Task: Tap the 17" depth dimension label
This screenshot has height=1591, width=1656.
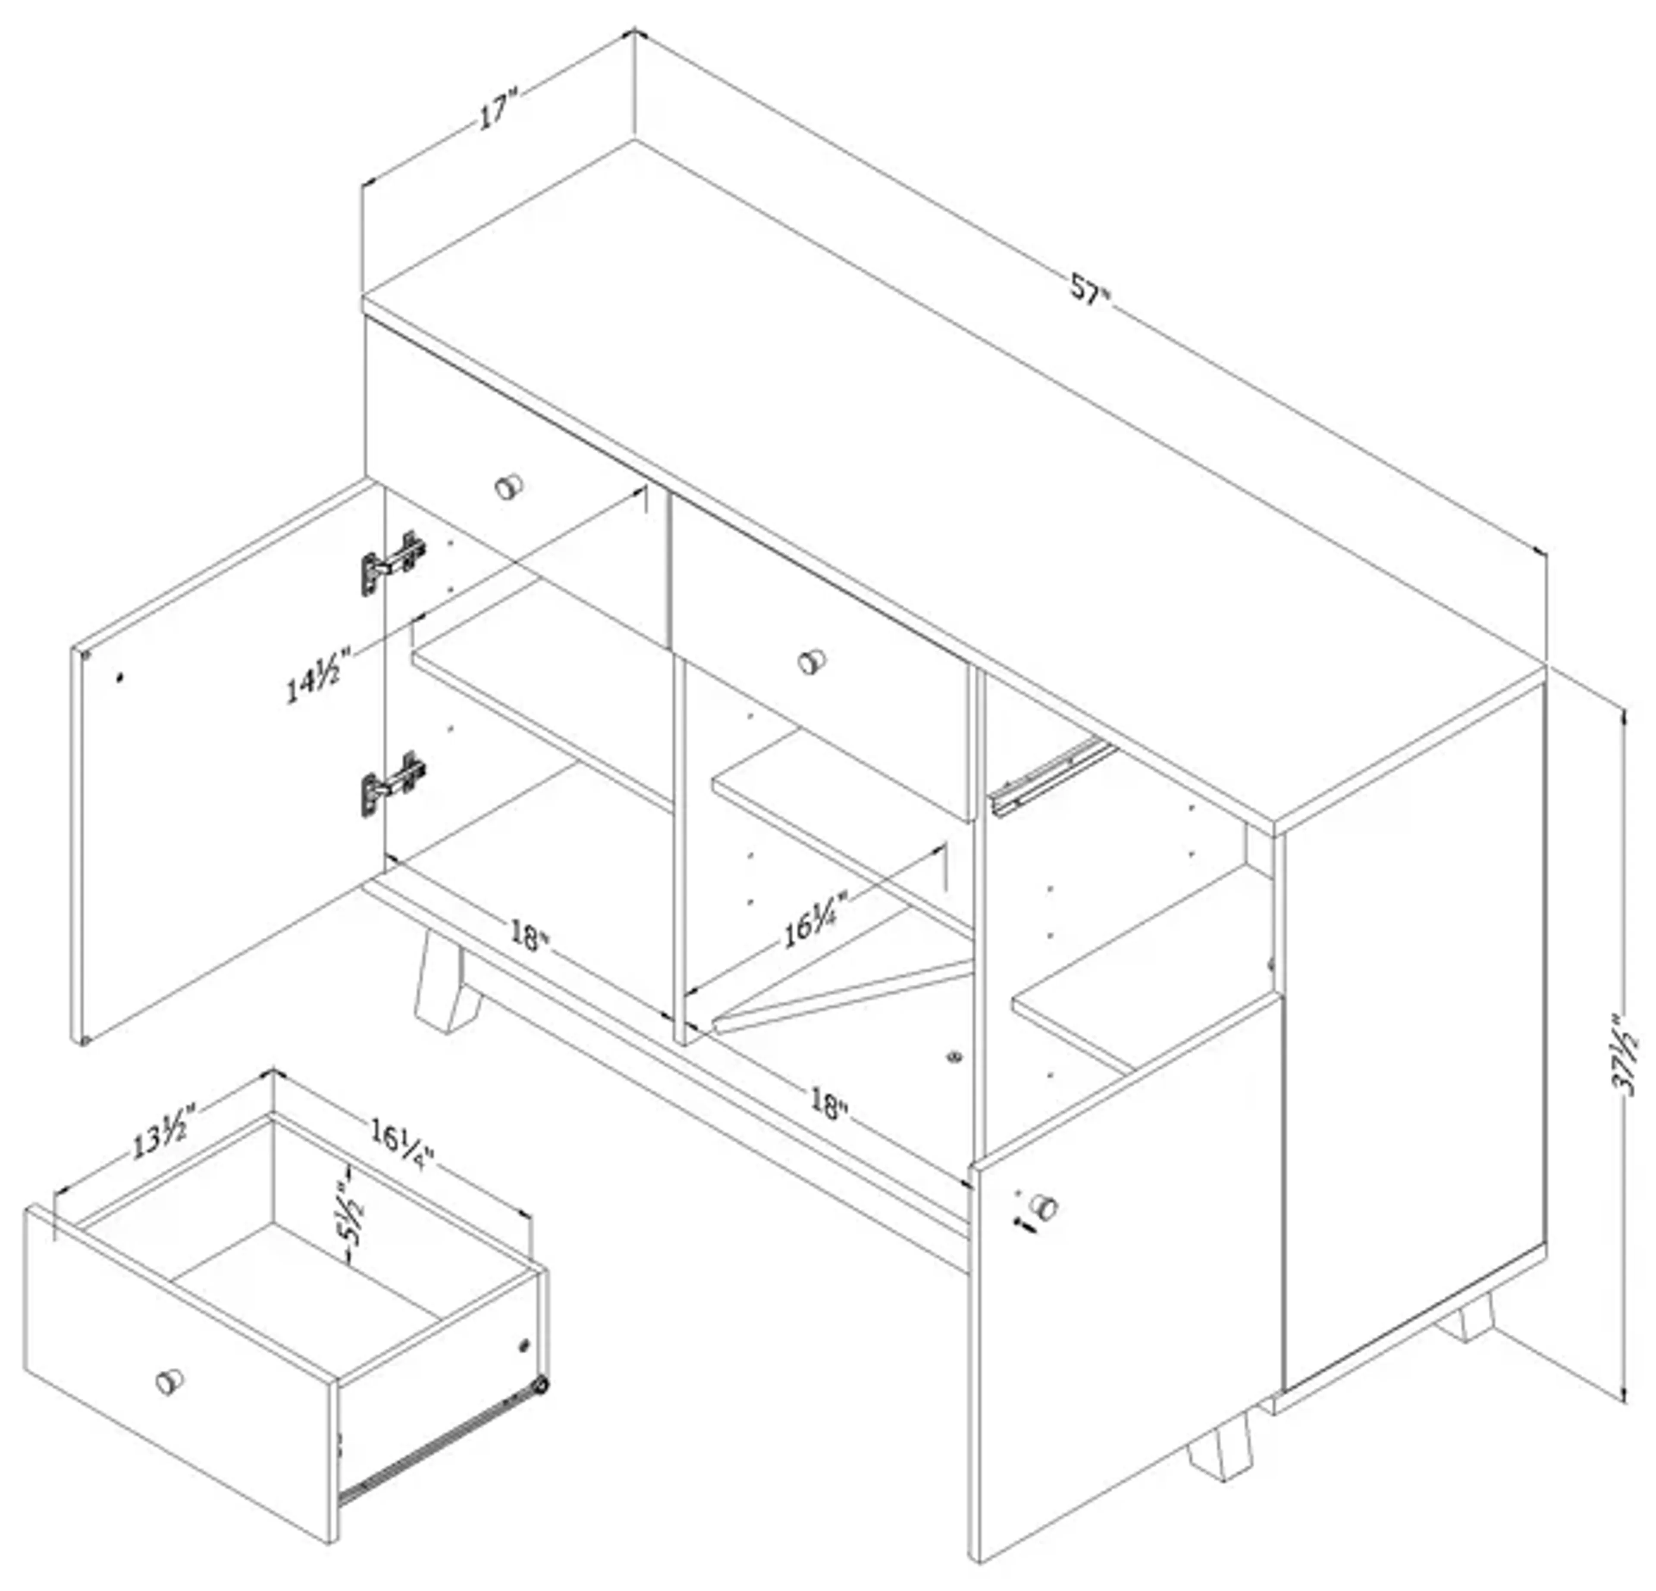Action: tap(497, 112)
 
